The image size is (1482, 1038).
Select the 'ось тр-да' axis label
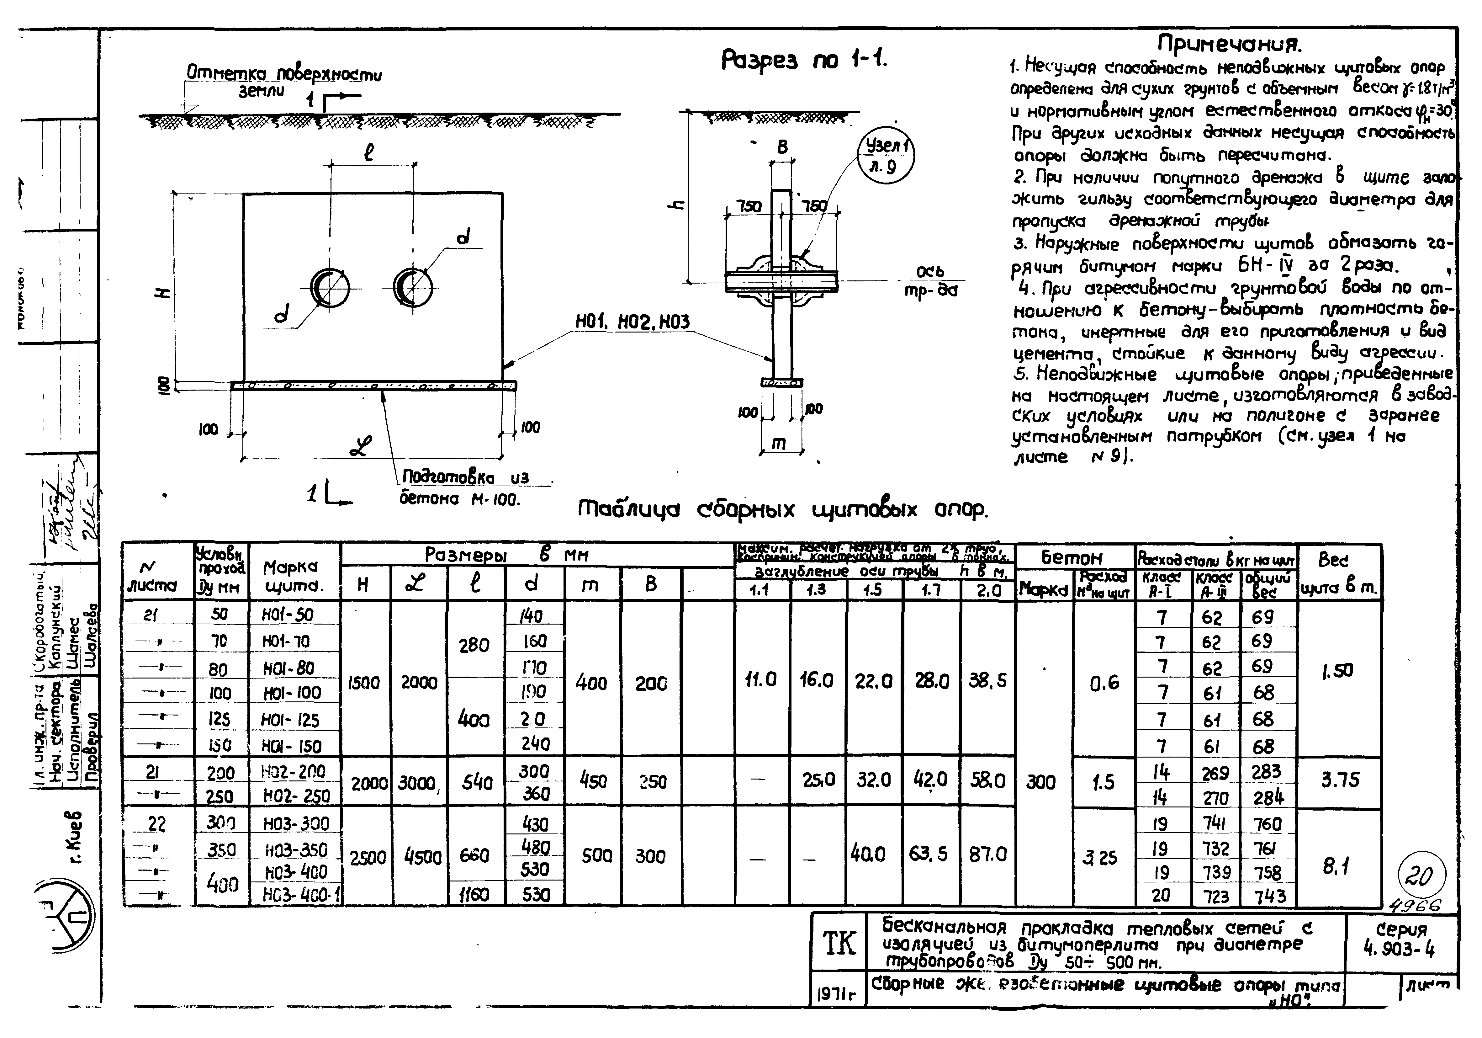pos(930,282)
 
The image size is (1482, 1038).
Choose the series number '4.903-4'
pos(1401,940)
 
